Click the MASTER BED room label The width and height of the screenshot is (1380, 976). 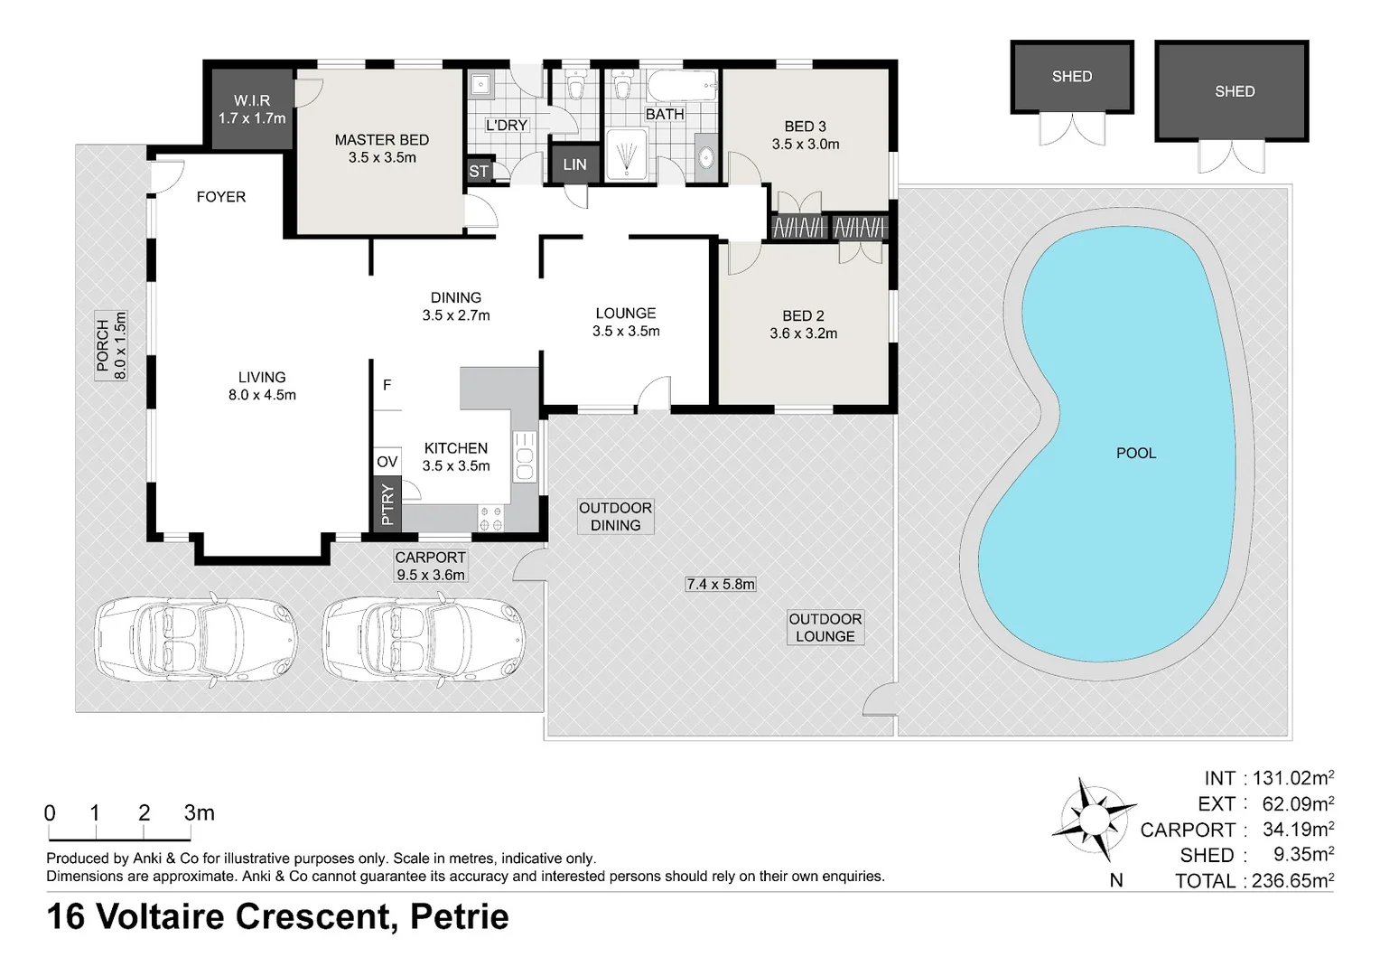point(381,140)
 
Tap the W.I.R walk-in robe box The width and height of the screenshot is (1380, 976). point(252,109)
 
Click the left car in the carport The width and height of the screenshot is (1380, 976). point(197,637)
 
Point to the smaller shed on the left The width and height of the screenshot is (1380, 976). point(1071,77)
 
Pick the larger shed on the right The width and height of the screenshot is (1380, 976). point(1233,91)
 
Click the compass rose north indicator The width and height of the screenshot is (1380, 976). point(1094,820)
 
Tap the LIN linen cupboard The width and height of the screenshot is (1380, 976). point(574,164)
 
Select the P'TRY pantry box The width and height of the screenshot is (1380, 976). point(387,504)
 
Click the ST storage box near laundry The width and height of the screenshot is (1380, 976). point(479,171)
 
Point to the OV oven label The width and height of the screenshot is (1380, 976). point(387,462)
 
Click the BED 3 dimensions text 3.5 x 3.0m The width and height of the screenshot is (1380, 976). point(805,144)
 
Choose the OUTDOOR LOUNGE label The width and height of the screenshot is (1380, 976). point(825,627)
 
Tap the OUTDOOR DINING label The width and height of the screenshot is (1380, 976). point(615,516)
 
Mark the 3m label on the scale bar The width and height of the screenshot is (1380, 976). point(199,812)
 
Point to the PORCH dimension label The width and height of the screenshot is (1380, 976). point(112,346)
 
